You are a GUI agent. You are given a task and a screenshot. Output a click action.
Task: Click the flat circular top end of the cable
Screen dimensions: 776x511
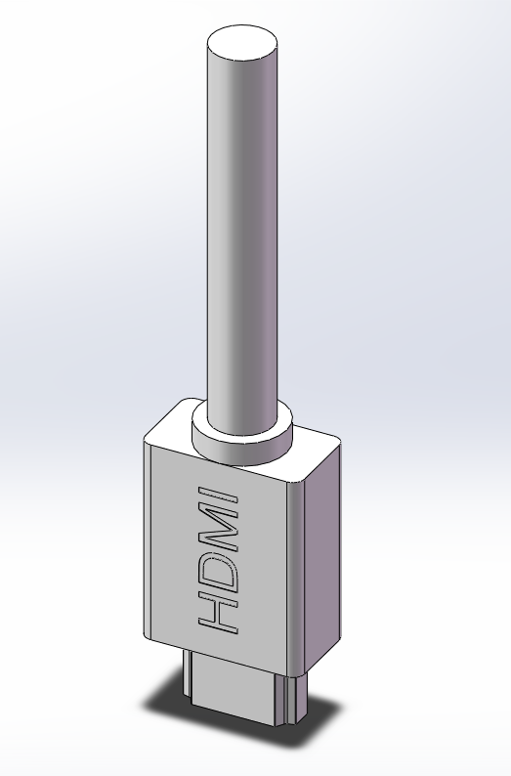point(242,45)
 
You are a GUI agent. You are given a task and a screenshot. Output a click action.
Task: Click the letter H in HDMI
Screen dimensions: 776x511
point(219,612)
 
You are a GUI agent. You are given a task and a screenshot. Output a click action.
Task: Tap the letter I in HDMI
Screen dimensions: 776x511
point(219,495)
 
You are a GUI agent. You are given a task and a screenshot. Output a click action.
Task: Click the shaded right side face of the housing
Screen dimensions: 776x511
point(322,557)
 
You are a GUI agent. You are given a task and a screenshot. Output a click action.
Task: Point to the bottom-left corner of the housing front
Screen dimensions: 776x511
point(149,625)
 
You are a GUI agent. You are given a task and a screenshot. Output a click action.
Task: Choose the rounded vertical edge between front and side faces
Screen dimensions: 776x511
point(298,567)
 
